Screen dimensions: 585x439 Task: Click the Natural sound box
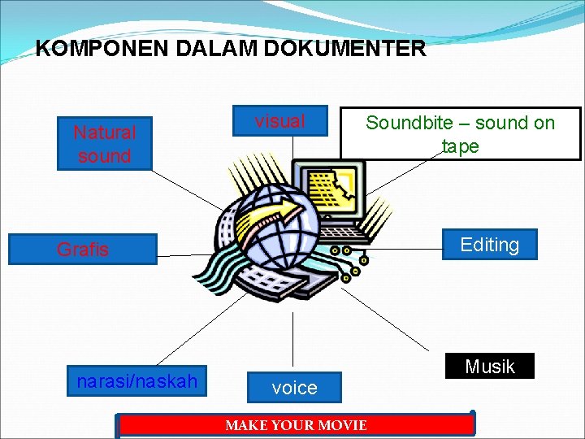105,144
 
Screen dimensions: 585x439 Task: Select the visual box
279,122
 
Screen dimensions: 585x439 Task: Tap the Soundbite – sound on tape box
460,134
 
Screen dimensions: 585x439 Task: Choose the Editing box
489,244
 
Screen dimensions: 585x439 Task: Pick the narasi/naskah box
136,380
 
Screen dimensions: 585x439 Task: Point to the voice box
294,388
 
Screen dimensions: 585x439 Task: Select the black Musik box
490,366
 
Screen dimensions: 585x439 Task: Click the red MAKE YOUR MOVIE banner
296,425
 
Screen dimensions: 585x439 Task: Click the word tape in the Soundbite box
460,146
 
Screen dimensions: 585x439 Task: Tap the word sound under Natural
105,155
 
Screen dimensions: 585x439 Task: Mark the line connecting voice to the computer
292,341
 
